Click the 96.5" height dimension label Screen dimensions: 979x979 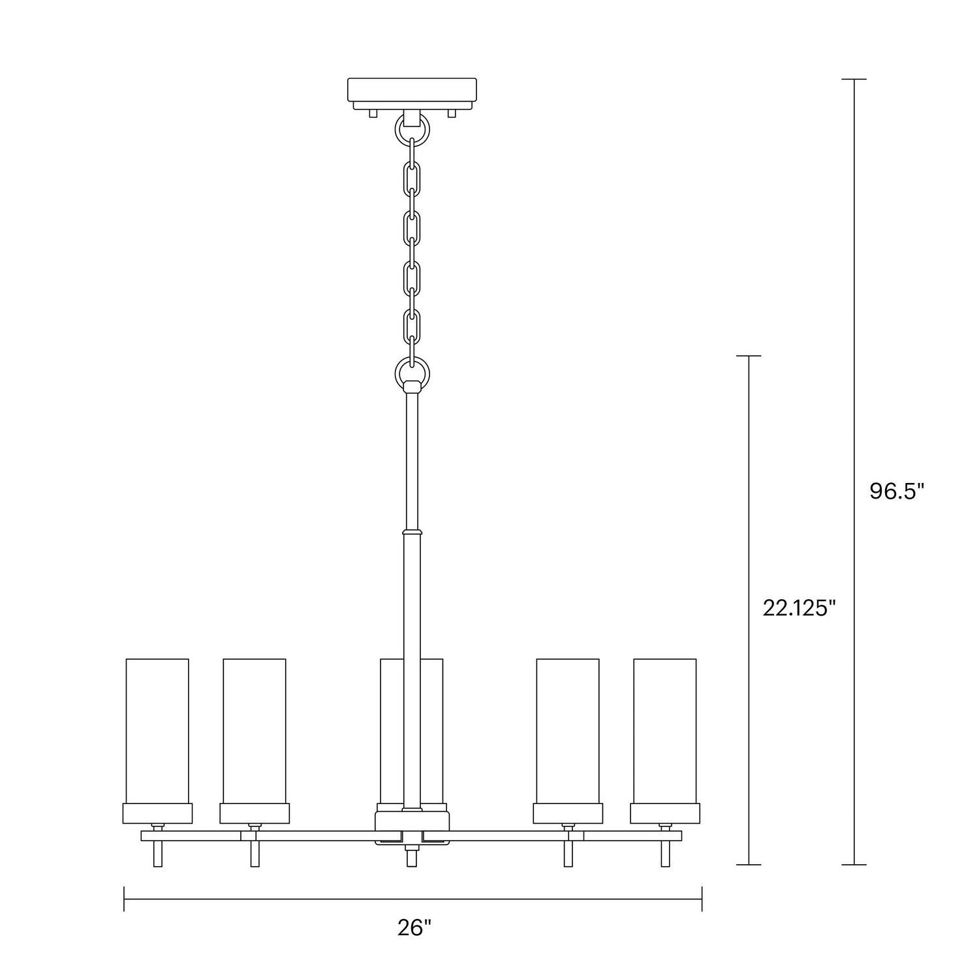(x=897, y=491)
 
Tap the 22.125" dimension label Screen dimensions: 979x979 (x=799, y=608)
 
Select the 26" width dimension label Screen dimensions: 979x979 (x=414, y=927)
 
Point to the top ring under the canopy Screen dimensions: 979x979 (x=412, y=130)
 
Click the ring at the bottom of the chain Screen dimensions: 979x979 (x=412, y=373)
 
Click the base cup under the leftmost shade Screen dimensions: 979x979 (x=157, y=813)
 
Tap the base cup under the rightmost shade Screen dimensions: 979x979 (x=664, y=813)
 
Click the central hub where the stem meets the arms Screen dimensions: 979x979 (x=412, y=828)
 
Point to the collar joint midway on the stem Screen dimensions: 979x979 (x=412, y=531)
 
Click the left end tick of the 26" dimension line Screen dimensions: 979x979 (x=124, y=899)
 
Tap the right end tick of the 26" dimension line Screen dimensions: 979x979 (x=702, y=899)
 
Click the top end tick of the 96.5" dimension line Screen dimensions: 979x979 (x=854, y=79)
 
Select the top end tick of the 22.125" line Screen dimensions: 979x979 (x=749, y=356)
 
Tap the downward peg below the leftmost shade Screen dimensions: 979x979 (x=157, y=854)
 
